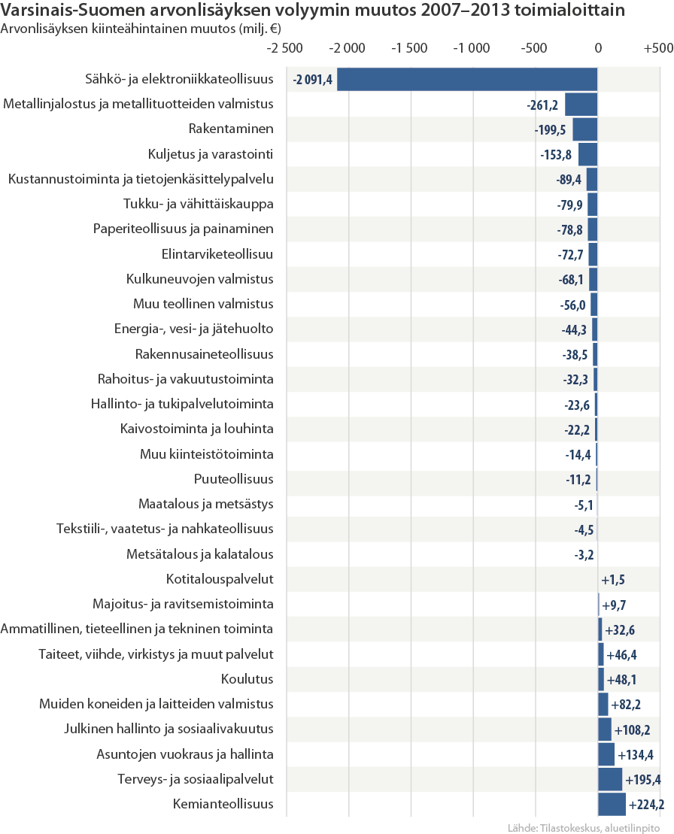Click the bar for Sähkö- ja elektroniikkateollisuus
coord(467,79)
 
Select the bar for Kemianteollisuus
coord(612,804)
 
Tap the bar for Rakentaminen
coord(585,129)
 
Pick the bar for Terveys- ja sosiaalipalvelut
coord(610,779)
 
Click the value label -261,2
coord(542,105)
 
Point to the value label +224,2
coord(646,804)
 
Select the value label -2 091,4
coord(313,80)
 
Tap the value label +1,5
coord(613,579)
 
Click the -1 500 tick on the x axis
coord(409,48)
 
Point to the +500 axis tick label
coord(658,48)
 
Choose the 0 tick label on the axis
coord(598,48)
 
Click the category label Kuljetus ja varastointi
coord(211,154)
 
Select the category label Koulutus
coord(247,678)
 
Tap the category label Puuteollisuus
coord(233,479)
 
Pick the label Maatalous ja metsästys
coord(206,504)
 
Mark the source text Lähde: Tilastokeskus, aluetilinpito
coord(584,828)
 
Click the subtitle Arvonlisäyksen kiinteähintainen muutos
coord(119,29)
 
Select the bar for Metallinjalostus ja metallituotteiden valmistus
coord(581,105)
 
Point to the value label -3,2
coord(584,555)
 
